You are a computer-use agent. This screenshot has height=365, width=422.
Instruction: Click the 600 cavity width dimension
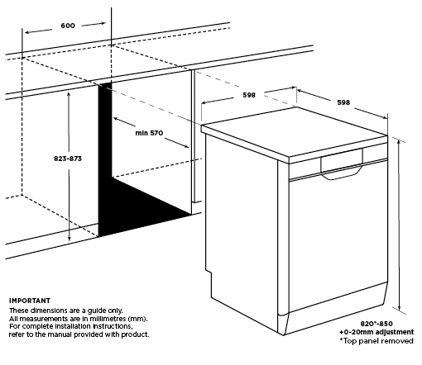coord(68,26)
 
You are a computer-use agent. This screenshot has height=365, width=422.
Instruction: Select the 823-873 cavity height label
coord(68,159)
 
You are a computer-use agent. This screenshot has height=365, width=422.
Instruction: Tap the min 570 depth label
coord(149,133)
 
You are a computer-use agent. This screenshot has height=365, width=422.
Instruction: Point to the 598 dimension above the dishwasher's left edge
coord(249,95)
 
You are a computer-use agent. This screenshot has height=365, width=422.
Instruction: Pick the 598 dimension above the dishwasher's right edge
coord(343,102)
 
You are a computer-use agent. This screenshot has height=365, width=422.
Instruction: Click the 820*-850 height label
coord(376,324)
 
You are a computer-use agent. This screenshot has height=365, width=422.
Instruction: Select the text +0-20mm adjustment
coord(376,332)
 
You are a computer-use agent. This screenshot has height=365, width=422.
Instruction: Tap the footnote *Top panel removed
coord(376,341)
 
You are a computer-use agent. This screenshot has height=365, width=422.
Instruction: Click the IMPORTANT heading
coord(30,301)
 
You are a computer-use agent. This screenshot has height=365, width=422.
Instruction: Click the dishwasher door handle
coord(342,173)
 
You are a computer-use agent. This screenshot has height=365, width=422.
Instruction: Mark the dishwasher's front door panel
coord(338,237)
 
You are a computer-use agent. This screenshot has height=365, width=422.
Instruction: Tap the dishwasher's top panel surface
coord(295,131)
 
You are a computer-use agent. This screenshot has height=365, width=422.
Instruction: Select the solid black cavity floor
coord(143,209)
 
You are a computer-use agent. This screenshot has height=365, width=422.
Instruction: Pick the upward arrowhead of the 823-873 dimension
coord(69,94)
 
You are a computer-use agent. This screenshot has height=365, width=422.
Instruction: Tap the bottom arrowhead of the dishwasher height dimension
coord(400,307)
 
